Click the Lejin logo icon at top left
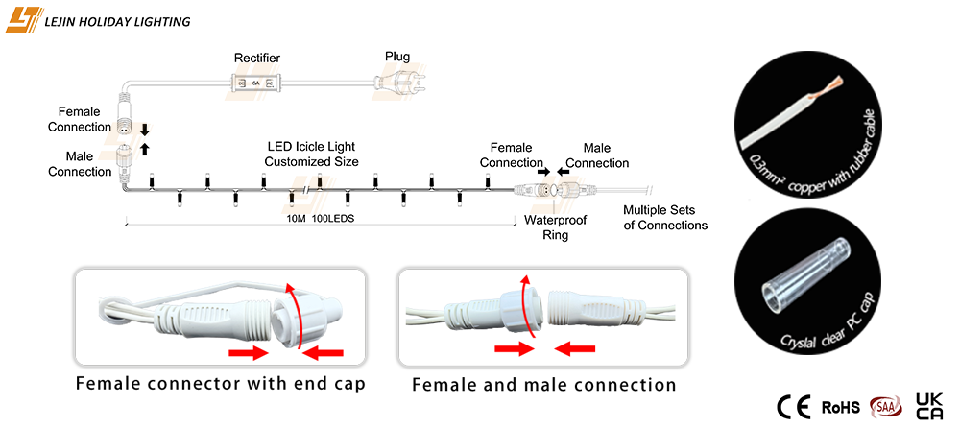pyautogui.click(x=23, y=19)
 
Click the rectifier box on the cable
pyautogui.click(x=256, y=83)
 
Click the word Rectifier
pyautogui.click(x=257, y=59)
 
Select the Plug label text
pyautogui.click(x=397, y=57)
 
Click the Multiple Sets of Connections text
pyautogui.click(x=665, y=218)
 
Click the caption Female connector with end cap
pyautogui.click(x=221, y=385)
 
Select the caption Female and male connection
pyautogui.click(x=544, y=385)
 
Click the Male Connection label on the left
pyautogui.click(x=88, y=164)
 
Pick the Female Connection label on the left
pyautogui.click(x=85, y=120)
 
